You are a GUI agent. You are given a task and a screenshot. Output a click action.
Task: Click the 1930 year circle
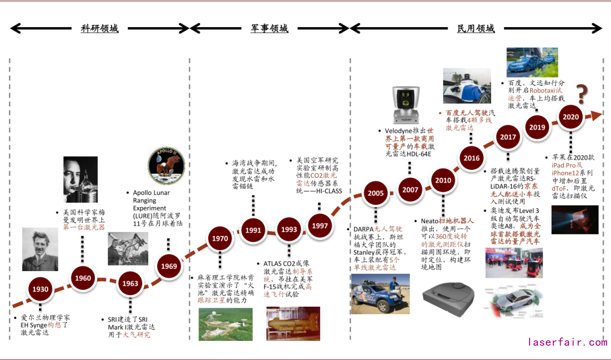[40, 289]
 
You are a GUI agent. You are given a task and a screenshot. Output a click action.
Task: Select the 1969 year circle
[168, 266]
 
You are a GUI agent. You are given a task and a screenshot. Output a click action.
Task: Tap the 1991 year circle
[253, 230]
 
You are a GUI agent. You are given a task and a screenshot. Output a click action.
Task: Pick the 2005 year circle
[375, 193]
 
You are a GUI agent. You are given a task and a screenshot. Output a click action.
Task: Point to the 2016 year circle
[471, 158]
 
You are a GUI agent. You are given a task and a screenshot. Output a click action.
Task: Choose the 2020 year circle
[570, 117]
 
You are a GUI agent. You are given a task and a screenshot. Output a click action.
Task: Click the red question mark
[582, 93]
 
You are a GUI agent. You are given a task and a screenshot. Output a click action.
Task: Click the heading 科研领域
[100, 28]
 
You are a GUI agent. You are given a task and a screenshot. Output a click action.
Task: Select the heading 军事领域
[269, 28]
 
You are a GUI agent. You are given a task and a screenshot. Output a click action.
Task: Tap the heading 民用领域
[475, 28]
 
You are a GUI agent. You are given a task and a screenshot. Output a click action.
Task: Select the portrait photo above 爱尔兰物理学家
[40, 249]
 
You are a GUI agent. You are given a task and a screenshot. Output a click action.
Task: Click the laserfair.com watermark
[567, 342]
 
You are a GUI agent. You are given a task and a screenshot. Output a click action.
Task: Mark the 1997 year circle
[320, 226]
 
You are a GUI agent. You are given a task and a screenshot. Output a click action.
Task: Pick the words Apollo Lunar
[152, 192]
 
